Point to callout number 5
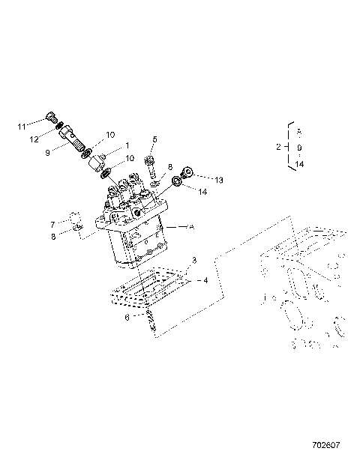[154, 139]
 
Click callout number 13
[199, 181]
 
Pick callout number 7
[52, 224]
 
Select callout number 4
[205, 281]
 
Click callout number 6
[126, 317]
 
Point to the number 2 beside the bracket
[278, 147]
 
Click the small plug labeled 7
[75, 223]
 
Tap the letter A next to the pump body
[190, 226]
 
